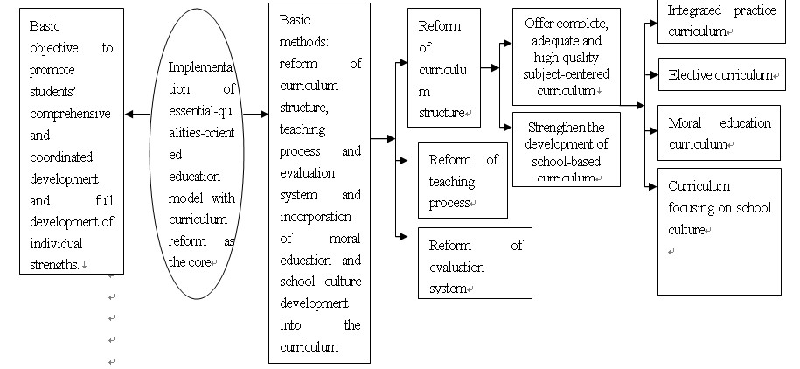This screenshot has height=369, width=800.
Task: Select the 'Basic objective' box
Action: point(72,144)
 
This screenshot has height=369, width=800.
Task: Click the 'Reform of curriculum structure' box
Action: point(444,68)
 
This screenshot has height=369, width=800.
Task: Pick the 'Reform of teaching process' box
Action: point(463,180)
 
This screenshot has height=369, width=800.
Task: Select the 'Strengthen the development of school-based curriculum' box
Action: point(567,149)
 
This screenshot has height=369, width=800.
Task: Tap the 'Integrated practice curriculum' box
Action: point(719,22)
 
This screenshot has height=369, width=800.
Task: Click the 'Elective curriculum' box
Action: point(719,75)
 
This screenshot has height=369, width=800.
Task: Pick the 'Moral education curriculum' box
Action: point(719,133)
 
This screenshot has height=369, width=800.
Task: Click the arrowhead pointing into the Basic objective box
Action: point(129,114)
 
